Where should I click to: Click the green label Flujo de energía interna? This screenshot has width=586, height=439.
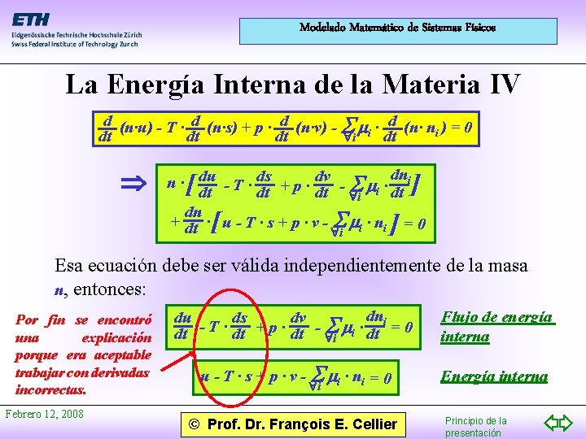click(496, 326)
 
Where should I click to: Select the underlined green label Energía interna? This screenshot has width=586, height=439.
click(494, 376)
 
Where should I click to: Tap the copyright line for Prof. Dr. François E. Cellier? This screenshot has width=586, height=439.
click(292, 424)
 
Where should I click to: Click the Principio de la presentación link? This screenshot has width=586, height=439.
click(476, 426)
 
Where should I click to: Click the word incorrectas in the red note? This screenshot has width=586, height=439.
click(51, 389)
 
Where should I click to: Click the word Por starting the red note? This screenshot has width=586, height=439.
click(27, 319)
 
